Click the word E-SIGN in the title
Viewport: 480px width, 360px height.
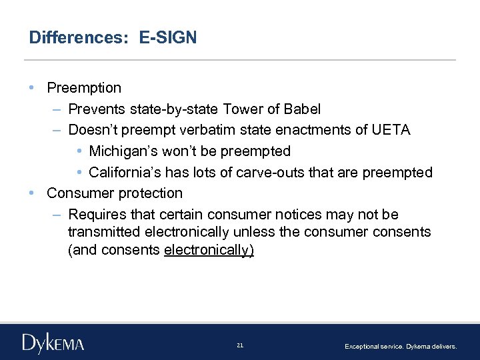pos(168,37)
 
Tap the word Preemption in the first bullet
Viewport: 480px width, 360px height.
pos(84,88)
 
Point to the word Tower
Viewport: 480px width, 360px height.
pos(242,109)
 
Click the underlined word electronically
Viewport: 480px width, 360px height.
pos(208,250)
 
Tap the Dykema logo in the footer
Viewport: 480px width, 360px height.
pos(53,343)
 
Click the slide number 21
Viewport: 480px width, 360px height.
pos(240,345)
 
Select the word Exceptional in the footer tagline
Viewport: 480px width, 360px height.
pos(361,347)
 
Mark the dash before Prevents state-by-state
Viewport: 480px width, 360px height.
pos(57,109)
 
